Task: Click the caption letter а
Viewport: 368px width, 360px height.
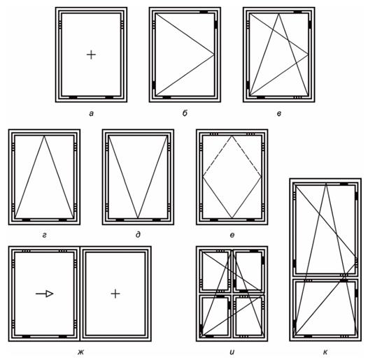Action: click(x=91, y=114)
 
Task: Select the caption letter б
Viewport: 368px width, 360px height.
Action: click(x=185, y=113)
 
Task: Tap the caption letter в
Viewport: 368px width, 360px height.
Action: click(x=279, y=114)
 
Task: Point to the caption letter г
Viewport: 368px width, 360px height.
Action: click(x=44, y=235)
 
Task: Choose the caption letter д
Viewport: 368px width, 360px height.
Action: click(x=138, y=235)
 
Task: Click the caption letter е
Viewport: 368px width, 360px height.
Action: click(x=232, y=235)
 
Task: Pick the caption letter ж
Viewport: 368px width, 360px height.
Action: click(x=80, y=352)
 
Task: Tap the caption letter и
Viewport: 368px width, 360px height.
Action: click(x=232, y=352)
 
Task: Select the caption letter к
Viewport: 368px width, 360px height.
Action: click(x=325, y=352)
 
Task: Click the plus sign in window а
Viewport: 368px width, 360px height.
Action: click(x=91, y=55)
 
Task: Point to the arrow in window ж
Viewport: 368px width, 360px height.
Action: click(x=45, y=294)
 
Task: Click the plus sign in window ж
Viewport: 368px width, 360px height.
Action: click(x=115, y=294)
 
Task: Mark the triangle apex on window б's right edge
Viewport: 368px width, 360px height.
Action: click(x=214, y=55)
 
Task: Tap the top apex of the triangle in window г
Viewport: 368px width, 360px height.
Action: click(x=44, y=136)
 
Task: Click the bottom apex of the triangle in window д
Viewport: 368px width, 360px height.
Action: click(x=138, y=218)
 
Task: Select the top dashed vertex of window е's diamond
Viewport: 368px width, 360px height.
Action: click(x=232, y=136)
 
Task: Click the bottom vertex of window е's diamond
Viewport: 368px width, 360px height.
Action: click(x=232, y=218)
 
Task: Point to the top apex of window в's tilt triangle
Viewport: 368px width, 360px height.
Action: click(x=279, y=13)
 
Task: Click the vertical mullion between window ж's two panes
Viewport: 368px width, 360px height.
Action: click(x=80, y=294)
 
